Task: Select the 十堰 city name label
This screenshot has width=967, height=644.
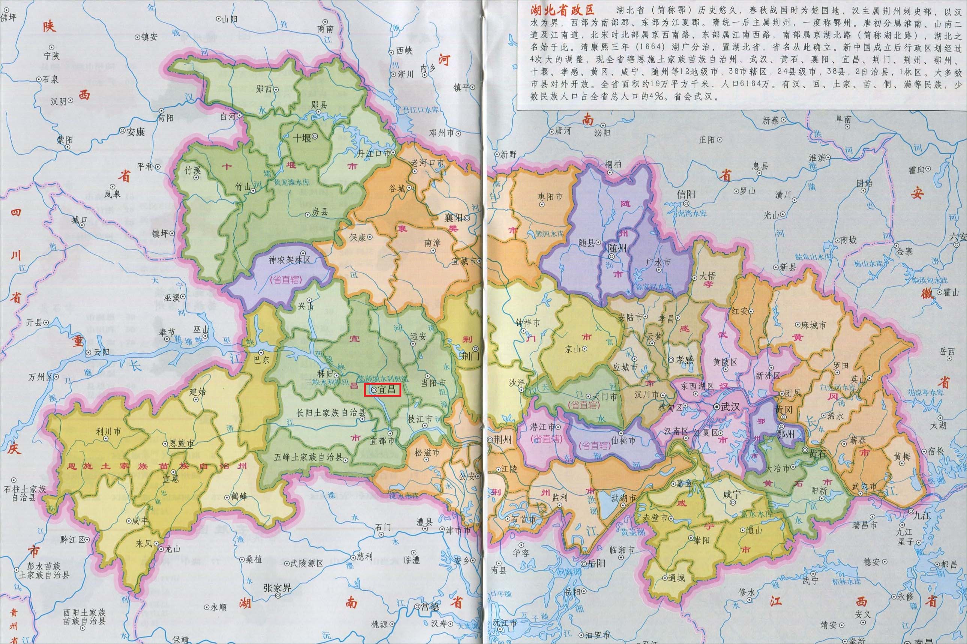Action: click(x=302, y=138)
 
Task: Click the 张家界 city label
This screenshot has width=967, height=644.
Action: click(x=278, y=588)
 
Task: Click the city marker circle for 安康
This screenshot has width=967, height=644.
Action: click(x=123, y=130)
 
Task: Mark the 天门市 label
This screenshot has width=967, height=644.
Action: click(x=606, y=397)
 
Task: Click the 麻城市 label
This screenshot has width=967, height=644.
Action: click(x=813, y=325)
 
